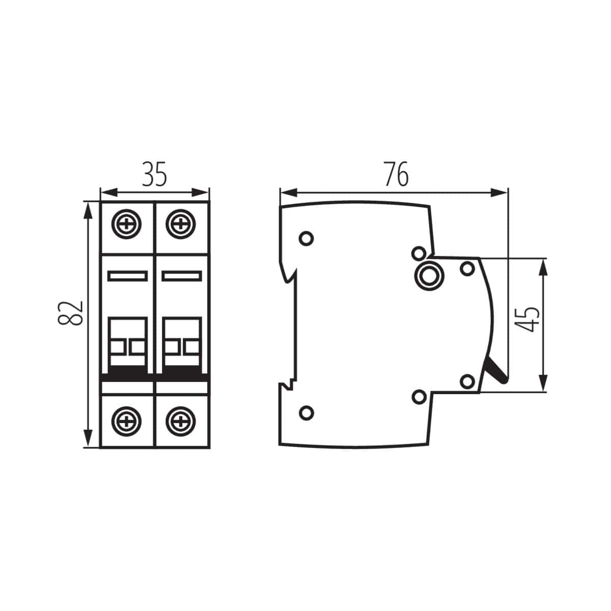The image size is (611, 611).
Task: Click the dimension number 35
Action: (x=154, y=175)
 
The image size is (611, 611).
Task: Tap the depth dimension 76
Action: (x=396, y=175)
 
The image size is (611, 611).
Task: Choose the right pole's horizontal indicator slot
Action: (x=182, y=276)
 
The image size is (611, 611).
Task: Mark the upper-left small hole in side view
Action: (x=307, y=238)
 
